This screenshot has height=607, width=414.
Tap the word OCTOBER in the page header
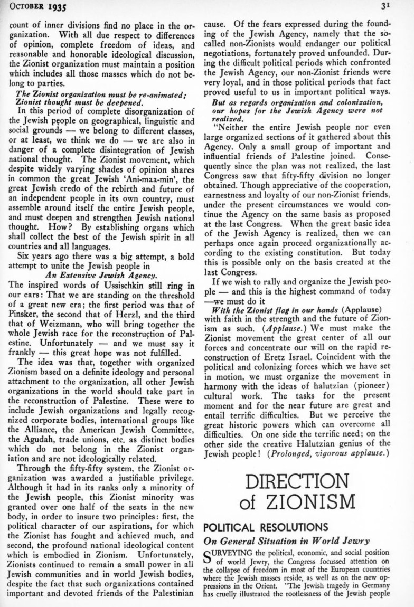27,7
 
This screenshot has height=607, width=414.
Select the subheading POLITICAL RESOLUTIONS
266,527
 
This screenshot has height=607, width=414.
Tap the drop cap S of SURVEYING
209,556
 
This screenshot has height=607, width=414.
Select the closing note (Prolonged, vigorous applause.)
328,453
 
